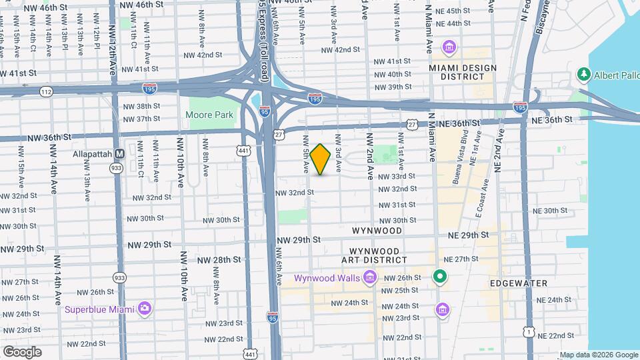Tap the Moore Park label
tap(210, 115)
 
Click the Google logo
tap(21, 352)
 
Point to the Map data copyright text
tap(598, 355)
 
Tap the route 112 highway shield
tap(45, 91)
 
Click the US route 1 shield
tap(528, 331)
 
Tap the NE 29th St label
tap(469, 235)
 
